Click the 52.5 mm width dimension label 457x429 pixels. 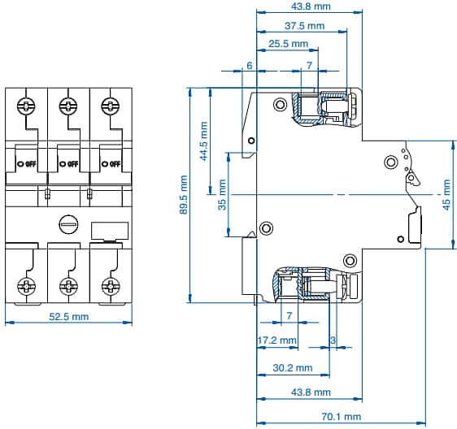pyautogui.click(x=67, y=317)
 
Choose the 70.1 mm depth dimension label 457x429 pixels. pyautogui.click(x=341, y=417)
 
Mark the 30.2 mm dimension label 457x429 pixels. pyautogui.click(x=292, y=368)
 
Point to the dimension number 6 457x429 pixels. pyautogui.click(x=249, y=65)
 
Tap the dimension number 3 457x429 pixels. pyautogui.click(x=333, y=340)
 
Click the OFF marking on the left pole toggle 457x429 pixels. pyautogui.click(x=28, y=163)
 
